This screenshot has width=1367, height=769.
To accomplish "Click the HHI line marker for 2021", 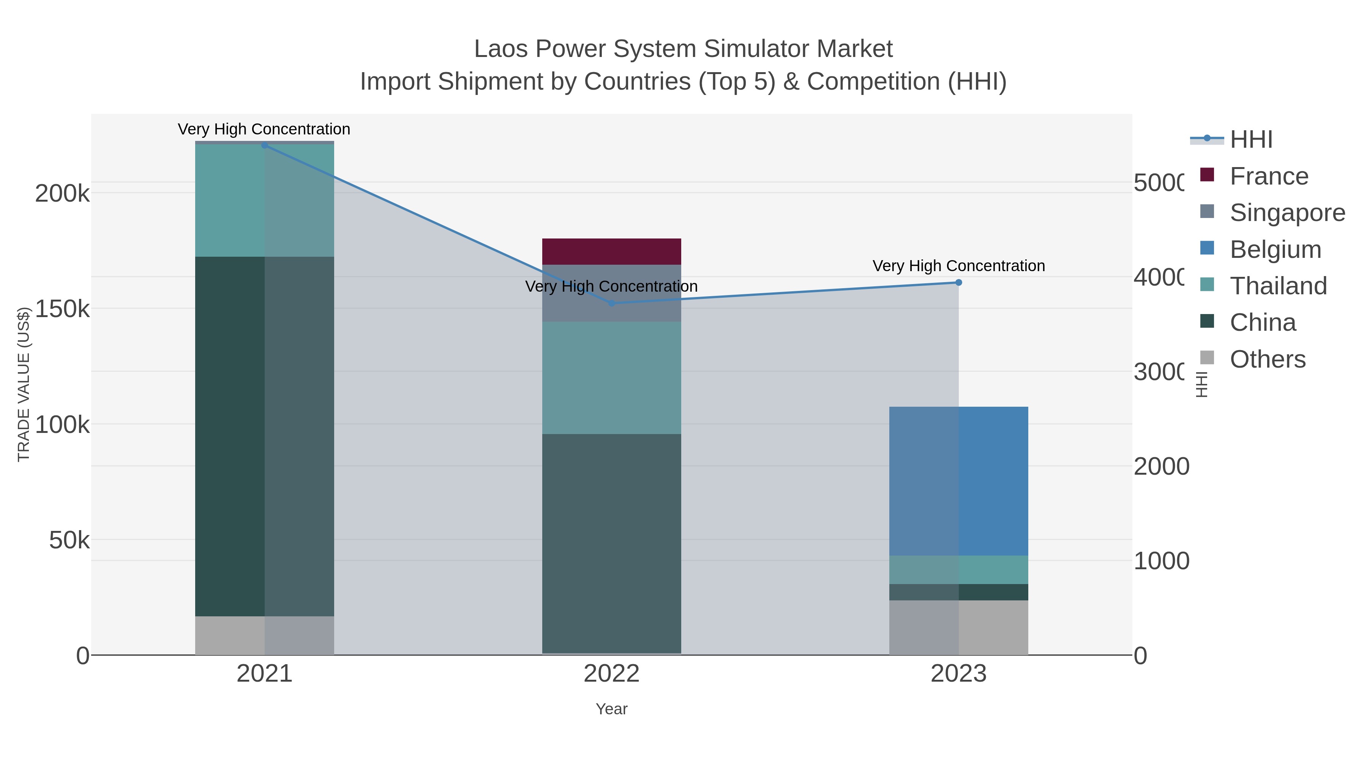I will [x=265, y=145].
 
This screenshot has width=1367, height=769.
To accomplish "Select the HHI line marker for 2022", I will [x=611, y=303].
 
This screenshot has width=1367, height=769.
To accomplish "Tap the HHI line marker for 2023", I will [x=958, y=282].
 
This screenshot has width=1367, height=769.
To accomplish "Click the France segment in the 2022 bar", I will [x=611, y=251].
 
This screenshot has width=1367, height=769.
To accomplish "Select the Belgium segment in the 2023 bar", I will [x=958, y=481].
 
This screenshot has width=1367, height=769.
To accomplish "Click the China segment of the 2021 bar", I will [x=265, y=436].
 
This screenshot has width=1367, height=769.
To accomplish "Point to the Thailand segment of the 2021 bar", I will [x=265, y=201].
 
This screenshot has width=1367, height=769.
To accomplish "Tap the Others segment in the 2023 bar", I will [x=958, y=627].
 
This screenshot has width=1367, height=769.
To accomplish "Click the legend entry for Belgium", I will [x=1275, y=249].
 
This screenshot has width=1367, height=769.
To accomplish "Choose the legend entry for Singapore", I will [x=1287, y=213].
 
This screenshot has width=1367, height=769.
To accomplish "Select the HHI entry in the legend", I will [x=1251, y=140].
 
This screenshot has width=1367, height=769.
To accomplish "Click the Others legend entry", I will [x=1267, y=359].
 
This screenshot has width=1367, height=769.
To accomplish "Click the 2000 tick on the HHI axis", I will [x=1161, y=466].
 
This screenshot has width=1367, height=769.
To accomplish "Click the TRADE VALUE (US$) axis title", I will [x=24, y=384].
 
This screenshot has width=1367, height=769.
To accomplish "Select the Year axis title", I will [x=611, y=709].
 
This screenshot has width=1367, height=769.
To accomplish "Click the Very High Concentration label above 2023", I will [x=958, y=266].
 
